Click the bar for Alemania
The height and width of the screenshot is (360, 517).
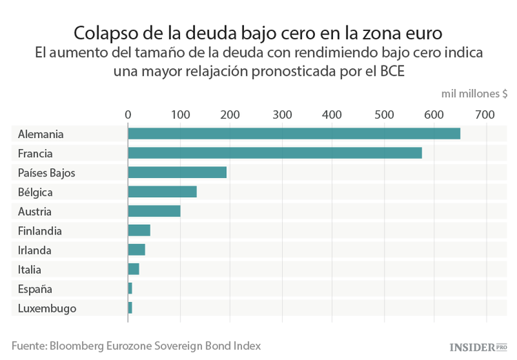point(294,134)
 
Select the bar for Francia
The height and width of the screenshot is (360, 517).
point(274,153)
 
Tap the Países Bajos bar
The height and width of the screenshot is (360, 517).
point(177,172)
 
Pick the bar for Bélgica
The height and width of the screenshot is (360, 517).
point(162,192)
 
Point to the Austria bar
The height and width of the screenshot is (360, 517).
point(154,211)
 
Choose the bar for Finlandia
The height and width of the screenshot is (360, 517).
point(139,230)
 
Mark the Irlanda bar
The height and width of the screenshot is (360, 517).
point(136,250)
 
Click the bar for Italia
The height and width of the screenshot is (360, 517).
point(133,269)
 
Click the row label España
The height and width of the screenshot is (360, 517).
point(34,289)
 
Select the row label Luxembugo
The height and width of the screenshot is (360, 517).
point(47,308)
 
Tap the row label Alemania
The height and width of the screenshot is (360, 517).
point(41,134)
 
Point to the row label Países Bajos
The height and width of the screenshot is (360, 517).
point(47,173)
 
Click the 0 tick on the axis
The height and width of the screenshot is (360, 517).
point(128,114)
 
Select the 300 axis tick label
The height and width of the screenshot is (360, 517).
point(281,114)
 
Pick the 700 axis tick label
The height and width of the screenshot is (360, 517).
point(485,114)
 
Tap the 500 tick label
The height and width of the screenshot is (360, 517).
point(383,114)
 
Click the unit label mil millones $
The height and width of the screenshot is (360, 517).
point(474,94)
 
